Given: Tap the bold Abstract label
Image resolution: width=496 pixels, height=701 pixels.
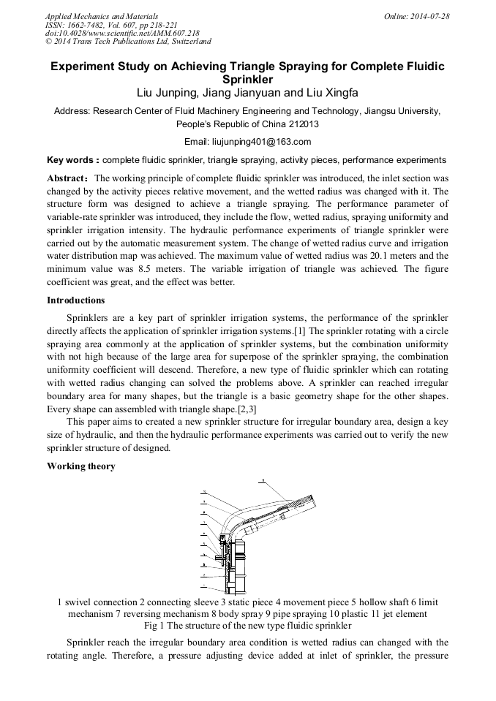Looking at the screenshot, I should click(x=67, y=178).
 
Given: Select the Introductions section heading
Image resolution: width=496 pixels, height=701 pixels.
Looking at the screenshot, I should click(x=75, y=300).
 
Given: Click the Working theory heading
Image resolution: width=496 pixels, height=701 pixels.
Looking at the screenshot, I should click(x=80, y=466).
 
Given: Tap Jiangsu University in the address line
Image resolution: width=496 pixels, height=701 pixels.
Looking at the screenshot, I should click(x=401, y=111).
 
